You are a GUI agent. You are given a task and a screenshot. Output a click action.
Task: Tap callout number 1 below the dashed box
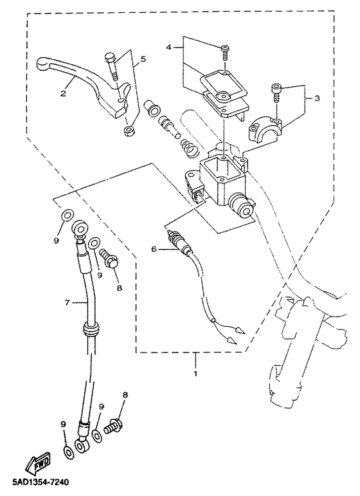[195, 374]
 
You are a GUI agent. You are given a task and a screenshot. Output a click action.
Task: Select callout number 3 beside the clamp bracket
[317, 98]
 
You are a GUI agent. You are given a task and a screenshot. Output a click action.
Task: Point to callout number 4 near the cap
[169, 47]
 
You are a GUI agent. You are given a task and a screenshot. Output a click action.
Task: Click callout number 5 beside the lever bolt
[143, 59]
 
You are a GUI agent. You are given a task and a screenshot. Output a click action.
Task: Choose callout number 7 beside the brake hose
[67, 303]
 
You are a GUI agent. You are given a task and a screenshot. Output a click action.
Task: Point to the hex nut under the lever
[128, 131]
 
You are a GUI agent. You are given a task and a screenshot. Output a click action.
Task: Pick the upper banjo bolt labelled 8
[109, 258]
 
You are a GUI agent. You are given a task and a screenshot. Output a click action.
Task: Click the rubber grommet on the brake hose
[90, 329]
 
